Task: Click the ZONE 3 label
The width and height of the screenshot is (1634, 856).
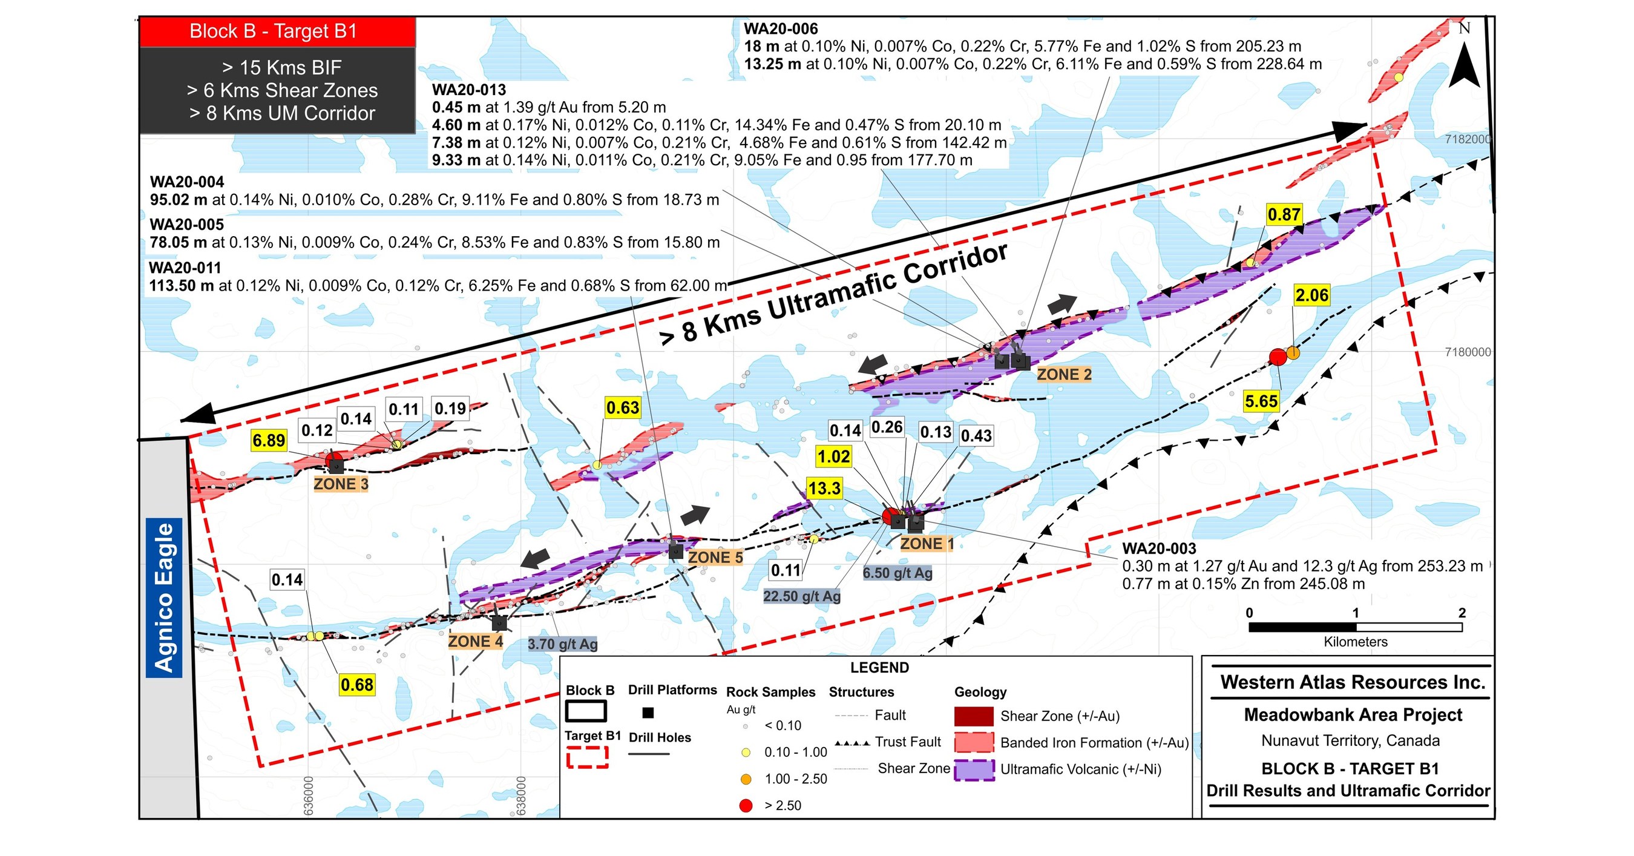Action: tap(341, 484)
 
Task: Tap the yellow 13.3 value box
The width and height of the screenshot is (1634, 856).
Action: tap(824, 489)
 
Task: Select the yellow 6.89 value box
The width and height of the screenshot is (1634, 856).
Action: tap(268, 440)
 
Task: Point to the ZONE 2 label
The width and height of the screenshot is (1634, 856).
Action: tap(1064, 374)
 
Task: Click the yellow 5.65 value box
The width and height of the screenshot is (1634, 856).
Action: tap(1261, 401)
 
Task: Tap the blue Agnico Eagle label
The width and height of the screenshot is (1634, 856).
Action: tap(164, 597)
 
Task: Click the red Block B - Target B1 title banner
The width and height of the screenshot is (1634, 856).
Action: tap(277, 31)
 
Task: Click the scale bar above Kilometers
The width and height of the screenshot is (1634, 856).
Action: tap(1356, 627)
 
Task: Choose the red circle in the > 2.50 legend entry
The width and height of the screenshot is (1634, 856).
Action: tap(746, 805)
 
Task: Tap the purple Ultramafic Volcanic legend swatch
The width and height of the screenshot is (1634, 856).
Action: tap(974, 769)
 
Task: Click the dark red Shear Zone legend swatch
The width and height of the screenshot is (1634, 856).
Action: tap(974, 716)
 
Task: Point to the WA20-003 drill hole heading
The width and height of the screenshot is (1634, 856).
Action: tap(1159, 549)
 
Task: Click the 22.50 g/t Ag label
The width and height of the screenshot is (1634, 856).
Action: tap(802, 596)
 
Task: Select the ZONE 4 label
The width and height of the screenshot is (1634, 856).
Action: tap(475, 642)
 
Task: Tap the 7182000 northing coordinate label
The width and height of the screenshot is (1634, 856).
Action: tap(1467, 140)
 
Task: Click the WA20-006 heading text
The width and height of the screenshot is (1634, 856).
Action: tap(780, 28)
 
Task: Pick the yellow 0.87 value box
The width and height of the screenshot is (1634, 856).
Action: tap(1284, 214)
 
